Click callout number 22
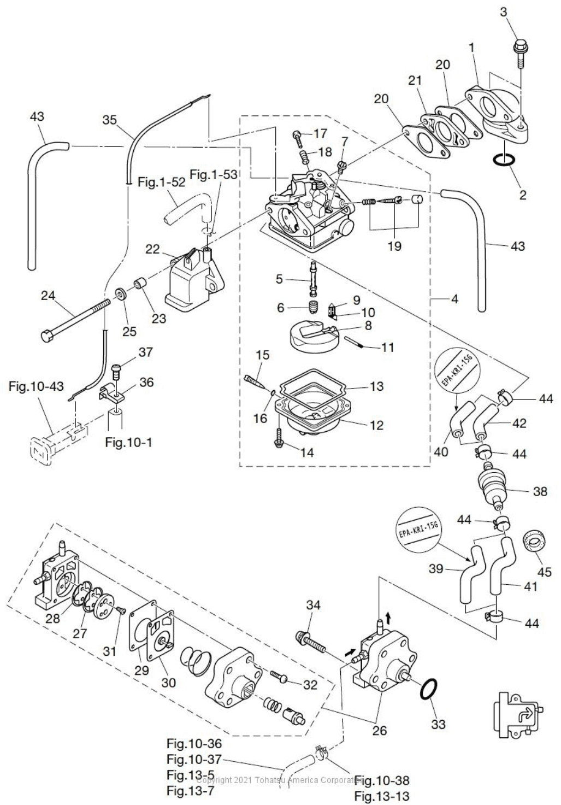click(x=153, y=249)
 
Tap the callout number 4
click(x=454, y=299)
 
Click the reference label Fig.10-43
click(x=37, y=386)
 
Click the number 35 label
click(x=110, y=120)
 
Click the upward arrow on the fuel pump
click(x=388, y=618)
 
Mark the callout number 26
click(x=380, y=730)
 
